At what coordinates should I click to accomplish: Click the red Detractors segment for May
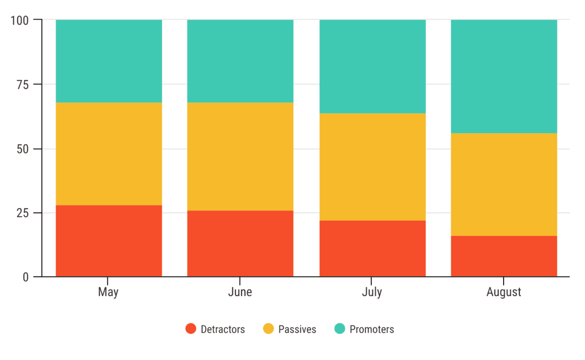pyautogui.click(x=109, y=241)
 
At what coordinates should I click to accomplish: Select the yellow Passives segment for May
pyautogui.click(x=109, y=153)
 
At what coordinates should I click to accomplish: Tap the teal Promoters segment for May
pyautogui.click(x=109, y=61)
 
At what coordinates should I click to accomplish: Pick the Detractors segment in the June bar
pyautogui.click(x=240, y=244)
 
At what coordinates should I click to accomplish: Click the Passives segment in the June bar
pyautogui.click(x=240, y=156)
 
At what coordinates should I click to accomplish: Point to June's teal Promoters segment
pyautogui.click(x=240, y=61)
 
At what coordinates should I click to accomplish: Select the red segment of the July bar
pyautogui.click(x=372, y=248)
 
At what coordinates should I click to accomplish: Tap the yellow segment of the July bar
pyautogui.click(x=372, y=167)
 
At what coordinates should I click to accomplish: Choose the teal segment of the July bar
pyautogui.click(x=372, y=66)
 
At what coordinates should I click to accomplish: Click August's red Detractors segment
pyautogui.click(x=504, y=256)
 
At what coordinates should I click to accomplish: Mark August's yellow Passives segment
pyautogui.click(x=504, y=184)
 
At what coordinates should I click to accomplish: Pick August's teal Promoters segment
pyautogui.click(x=504, y=76)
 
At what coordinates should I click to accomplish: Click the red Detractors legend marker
pyautogui.click(x=191, y=329)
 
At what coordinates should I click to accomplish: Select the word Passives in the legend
pyautogui.click(x=297, y=329)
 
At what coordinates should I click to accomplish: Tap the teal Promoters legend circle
pyautogui.click(x=340, y=329)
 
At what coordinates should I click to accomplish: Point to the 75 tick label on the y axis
pyautogui.click(x=23, y=84)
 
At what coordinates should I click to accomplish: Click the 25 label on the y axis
pyautogui.click(x=23, y=213)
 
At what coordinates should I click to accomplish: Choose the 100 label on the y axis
pyautogui.click(x=20, y=20)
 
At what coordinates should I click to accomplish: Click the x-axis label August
pyautogui.click(x=504, y=292)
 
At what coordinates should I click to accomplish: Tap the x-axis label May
pyautogui.click(x=108, y=292)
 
